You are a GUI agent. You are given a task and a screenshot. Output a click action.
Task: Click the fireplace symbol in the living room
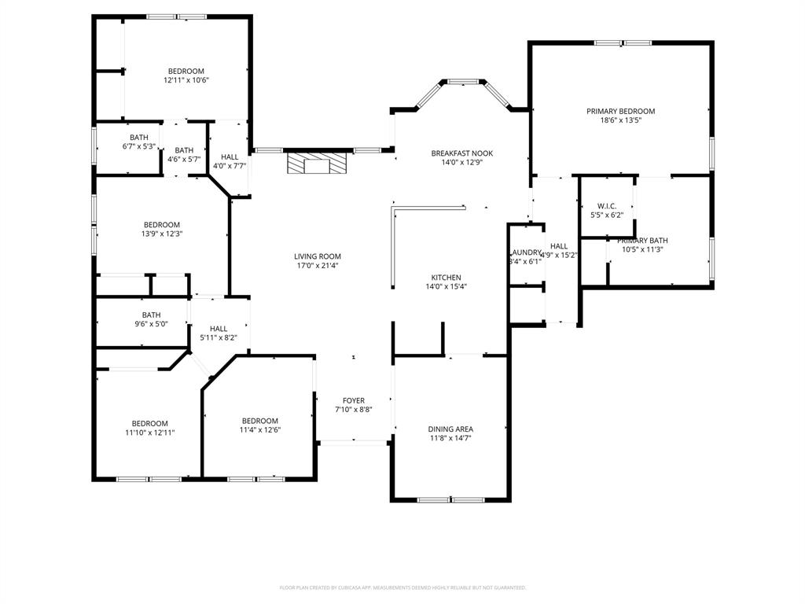[316, 164]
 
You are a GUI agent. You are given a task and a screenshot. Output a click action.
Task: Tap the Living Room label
[318, 256]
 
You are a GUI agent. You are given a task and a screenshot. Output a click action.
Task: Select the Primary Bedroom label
[620, 112]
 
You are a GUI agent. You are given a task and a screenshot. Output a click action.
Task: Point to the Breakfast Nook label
[461, 153]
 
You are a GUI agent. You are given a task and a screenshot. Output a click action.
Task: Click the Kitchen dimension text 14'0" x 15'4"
[446, 287]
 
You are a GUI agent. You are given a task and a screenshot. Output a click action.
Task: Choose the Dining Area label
[450, 429]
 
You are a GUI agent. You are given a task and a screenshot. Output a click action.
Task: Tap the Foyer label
[353, 401]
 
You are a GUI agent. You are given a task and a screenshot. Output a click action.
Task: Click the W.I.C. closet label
[606, 206]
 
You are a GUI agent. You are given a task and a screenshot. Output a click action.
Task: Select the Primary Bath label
[642, 241]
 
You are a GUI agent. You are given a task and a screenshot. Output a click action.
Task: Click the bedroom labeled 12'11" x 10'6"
[186, 75]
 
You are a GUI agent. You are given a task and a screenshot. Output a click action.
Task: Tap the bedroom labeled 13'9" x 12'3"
[161, 229]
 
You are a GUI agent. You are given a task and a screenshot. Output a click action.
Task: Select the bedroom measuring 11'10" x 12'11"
[149, 427]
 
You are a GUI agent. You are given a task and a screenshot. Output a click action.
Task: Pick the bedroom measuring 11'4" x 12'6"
[259, 425]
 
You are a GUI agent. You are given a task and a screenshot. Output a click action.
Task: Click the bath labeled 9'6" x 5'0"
[151, 319]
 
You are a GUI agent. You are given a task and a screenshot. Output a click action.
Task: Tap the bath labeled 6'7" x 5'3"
[139, 142]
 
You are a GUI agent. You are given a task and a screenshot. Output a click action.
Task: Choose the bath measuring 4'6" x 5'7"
[184, 155]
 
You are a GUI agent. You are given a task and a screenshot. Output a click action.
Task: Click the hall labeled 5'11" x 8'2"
[219, 333]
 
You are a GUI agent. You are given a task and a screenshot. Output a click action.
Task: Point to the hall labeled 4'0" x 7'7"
[230, 161]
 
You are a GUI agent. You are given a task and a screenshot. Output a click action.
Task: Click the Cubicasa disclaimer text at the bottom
[402, 587]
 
